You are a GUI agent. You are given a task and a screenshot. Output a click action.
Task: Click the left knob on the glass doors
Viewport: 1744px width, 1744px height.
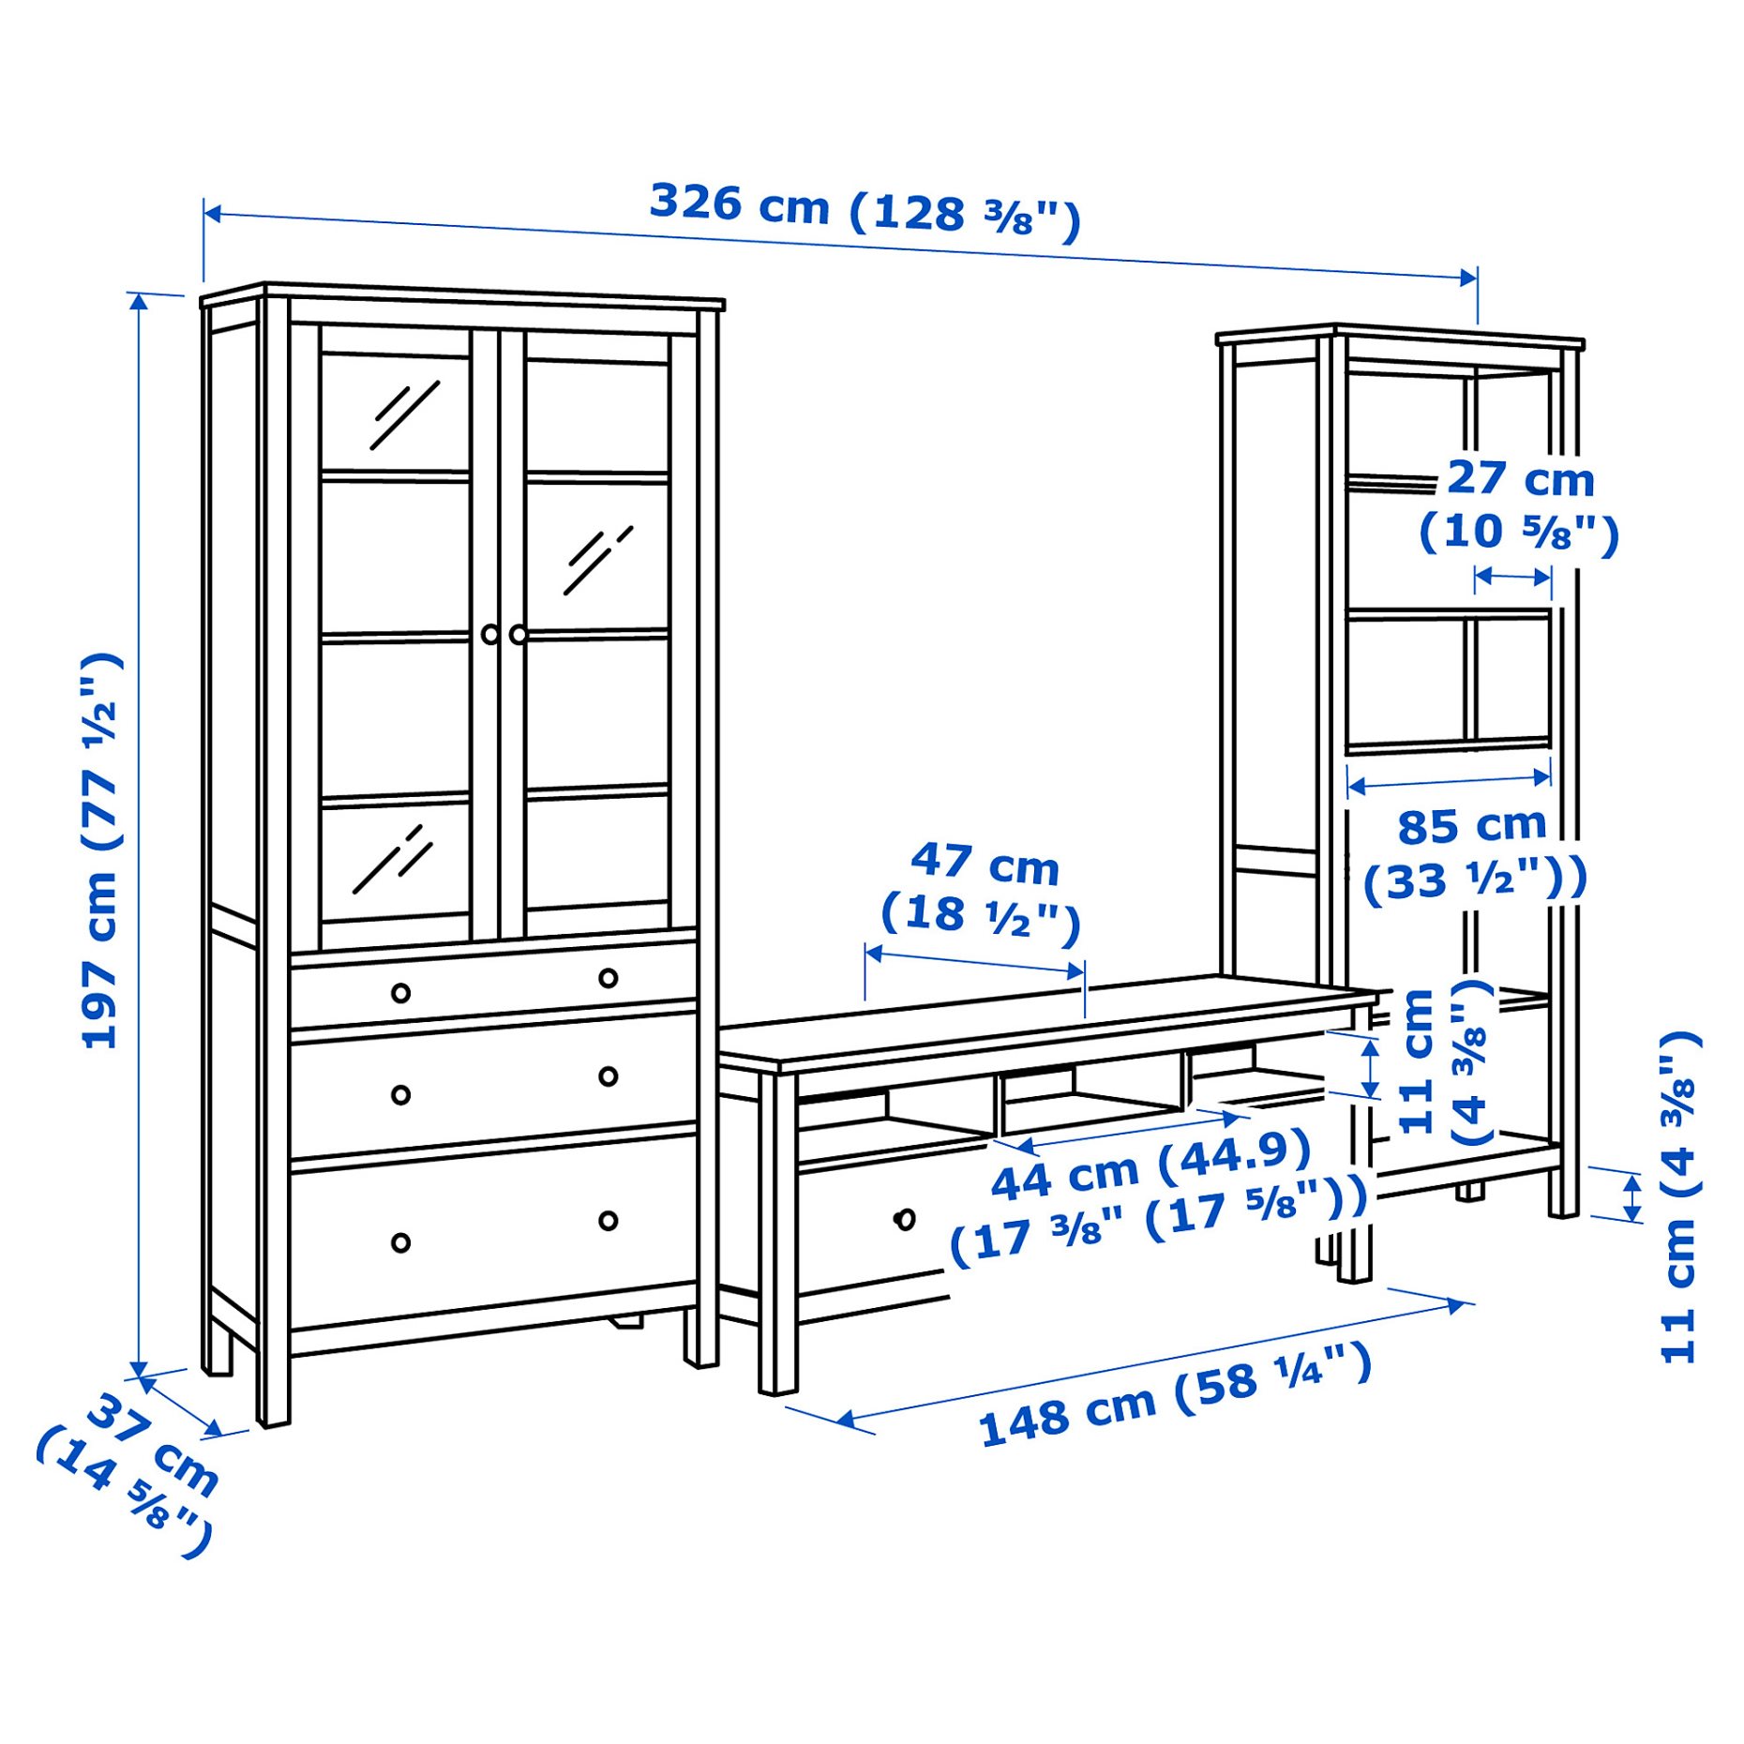[x=490, y=635]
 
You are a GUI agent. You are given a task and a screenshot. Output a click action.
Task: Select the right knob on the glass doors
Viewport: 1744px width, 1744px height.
[x=519, y=635]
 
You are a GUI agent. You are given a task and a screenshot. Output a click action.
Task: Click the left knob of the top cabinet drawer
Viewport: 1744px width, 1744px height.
[x=400, y=992]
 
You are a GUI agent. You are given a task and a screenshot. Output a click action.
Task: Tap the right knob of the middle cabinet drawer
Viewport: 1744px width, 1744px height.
[x=609, y=1075]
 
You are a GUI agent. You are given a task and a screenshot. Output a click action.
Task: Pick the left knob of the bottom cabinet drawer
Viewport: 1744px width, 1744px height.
[x=400, y=1243]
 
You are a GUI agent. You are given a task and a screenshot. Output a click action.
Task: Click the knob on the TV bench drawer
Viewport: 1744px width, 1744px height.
[x=905, y=1219]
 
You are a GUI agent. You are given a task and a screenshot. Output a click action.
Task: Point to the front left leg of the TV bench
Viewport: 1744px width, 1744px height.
[x=777, y=1238]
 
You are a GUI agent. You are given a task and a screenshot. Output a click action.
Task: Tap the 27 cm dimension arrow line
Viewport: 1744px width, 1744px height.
[x=1512, y=577]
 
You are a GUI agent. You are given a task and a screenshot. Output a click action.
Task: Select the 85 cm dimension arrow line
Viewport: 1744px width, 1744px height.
[x=1449, y=779]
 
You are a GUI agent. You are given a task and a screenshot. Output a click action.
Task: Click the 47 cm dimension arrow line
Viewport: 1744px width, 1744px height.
[x=975, y=963]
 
